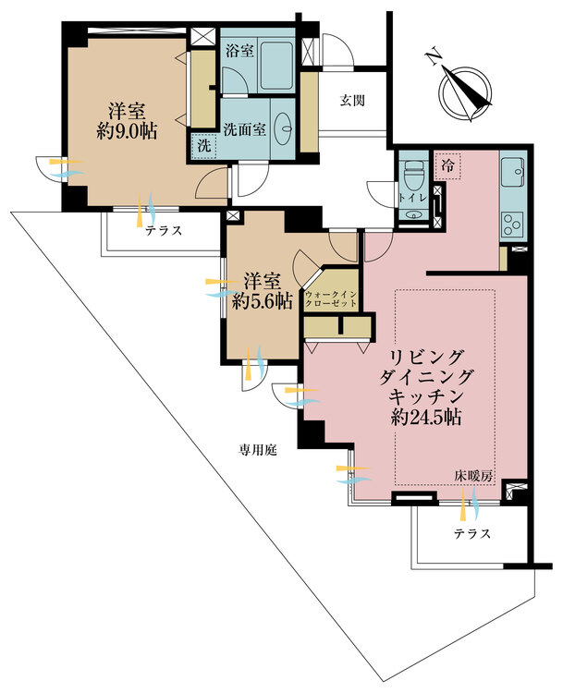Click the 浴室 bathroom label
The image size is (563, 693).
(239, 51)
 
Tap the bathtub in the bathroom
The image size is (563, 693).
(276, 66)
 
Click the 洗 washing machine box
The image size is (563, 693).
(204, 145)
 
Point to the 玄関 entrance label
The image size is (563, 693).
(352, 101)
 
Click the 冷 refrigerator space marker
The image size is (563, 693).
(447, 166)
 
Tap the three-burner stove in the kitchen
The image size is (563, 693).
(513, 225)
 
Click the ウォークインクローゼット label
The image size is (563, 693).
(331, 298)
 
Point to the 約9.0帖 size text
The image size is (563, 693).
(127, 131)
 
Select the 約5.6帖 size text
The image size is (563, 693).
(263, 301)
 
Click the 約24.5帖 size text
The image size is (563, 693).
(426, 417)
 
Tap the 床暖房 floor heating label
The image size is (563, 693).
(473, 477)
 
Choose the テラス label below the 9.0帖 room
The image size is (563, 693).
(164, 230)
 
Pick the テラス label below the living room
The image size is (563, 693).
(472, 533)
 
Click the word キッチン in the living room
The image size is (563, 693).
(426, 395)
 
